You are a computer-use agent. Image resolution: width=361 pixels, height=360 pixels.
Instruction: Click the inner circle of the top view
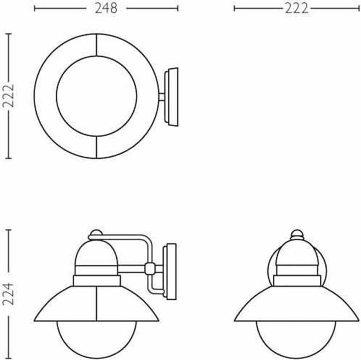pyautogui.click(x=95, y=96)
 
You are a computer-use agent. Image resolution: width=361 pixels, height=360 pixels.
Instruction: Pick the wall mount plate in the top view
pyautogui.click(x=171, y=96)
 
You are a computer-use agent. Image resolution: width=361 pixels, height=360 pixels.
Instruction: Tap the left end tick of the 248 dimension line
pyautogui.click(x=34, y=8)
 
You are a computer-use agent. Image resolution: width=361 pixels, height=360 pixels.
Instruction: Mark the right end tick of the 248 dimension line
pyautogui.click(x=178, y=8)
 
